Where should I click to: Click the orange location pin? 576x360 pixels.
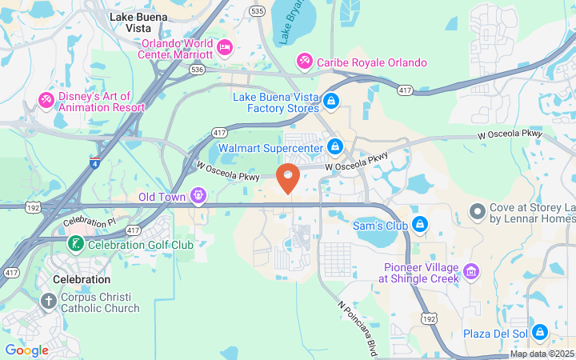288,177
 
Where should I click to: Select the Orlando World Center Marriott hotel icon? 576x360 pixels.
226,48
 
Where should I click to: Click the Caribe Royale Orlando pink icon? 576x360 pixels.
304,62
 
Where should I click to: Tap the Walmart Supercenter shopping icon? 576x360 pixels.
335,147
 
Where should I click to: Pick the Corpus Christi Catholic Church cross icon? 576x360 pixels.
49,302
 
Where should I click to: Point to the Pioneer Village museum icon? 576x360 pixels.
471,273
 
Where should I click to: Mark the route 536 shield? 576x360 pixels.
198,70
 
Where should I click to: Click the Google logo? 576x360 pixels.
26,350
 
